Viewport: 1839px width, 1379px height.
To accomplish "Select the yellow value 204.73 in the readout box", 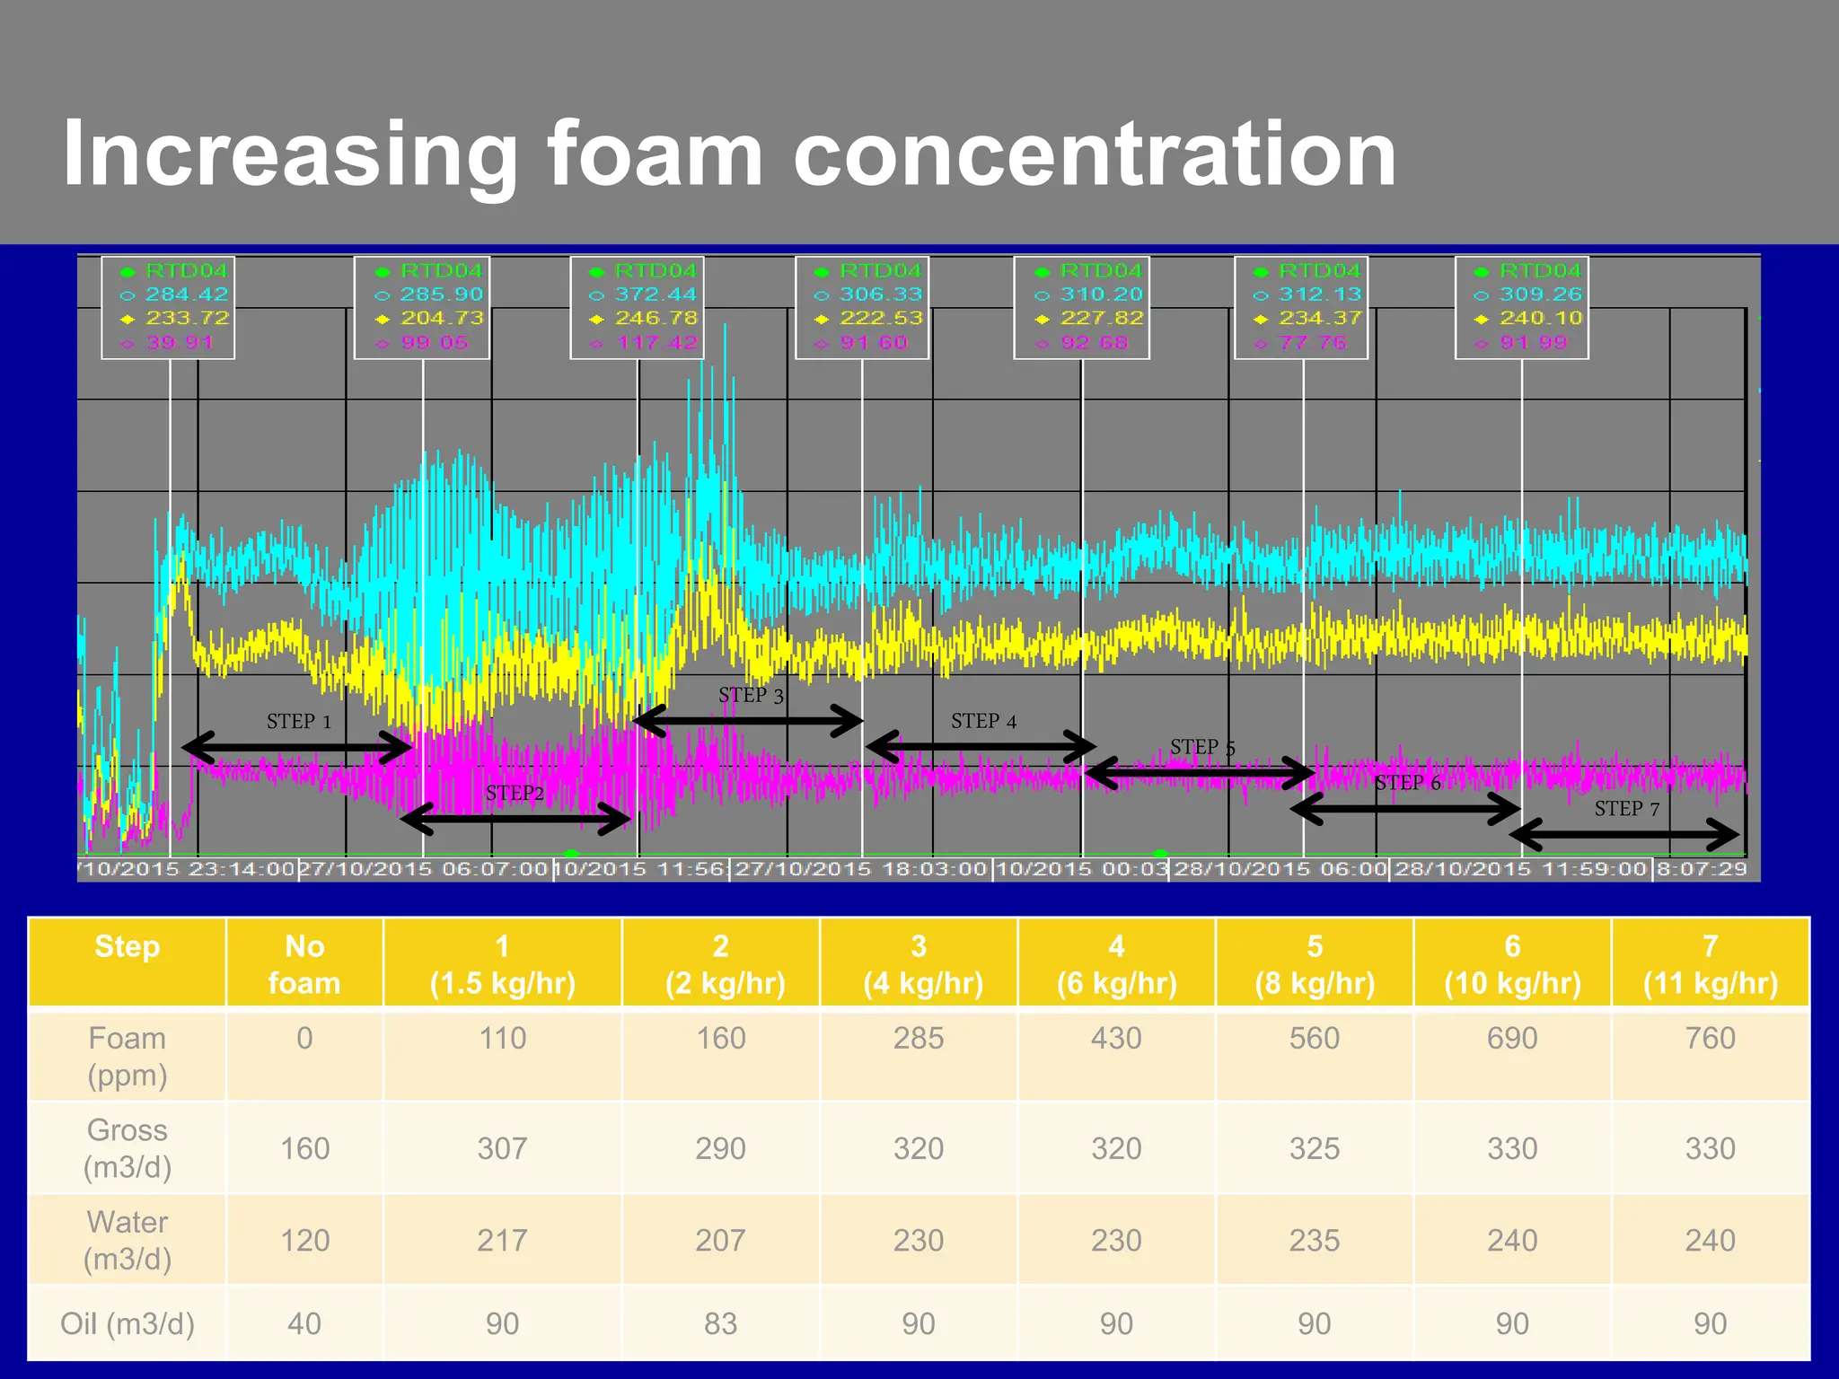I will tap(441, 319).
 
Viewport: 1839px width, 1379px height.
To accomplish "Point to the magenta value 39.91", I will tap(180, 343).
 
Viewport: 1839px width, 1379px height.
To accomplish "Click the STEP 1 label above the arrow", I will tap(299, 722).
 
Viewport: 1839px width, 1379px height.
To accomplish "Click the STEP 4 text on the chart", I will tap(983, 722).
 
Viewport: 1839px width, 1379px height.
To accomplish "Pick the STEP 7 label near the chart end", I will tap(1626, 809).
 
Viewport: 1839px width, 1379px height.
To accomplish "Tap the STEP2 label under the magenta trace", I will tap(515, 794).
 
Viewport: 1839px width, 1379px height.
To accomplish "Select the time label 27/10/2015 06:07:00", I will tap(424, 869).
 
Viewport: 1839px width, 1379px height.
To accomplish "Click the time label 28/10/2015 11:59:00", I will tap(1520, 869).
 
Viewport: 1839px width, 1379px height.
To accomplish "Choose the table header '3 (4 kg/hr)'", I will tap(919, 964).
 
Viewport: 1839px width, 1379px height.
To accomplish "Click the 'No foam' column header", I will tap(304, 964).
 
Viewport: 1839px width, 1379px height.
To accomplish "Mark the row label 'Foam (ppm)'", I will tap(127, 1057).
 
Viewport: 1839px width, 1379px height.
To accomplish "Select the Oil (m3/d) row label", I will tap(127, 1323).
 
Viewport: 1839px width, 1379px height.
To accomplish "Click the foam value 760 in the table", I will tap(1710, 1039).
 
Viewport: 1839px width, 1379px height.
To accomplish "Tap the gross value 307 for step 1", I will tap(502, 1148).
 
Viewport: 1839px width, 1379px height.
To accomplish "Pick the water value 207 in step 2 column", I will tap(720, 1241).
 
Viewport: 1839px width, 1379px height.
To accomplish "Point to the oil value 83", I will tap(720, 1323).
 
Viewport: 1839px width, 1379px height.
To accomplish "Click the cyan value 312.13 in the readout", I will tap(1319, 294).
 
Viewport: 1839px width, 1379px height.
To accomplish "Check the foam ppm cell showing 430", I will tap(1116, 1039).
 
